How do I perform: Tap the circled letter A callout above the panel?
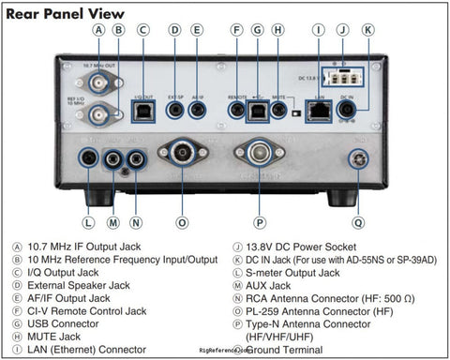coord(98,30)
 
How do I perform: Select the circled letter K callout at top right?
coord(367,30)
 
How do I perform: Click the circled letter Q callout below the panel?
coord(358,223)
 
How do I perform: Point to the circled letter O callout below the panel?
coord(182,223)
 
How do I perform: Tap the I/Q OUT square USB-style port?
coord(143,109)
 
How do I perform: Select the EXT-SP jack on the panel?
coord(175,109)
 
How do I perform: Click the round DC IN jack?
coord(347,109)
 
